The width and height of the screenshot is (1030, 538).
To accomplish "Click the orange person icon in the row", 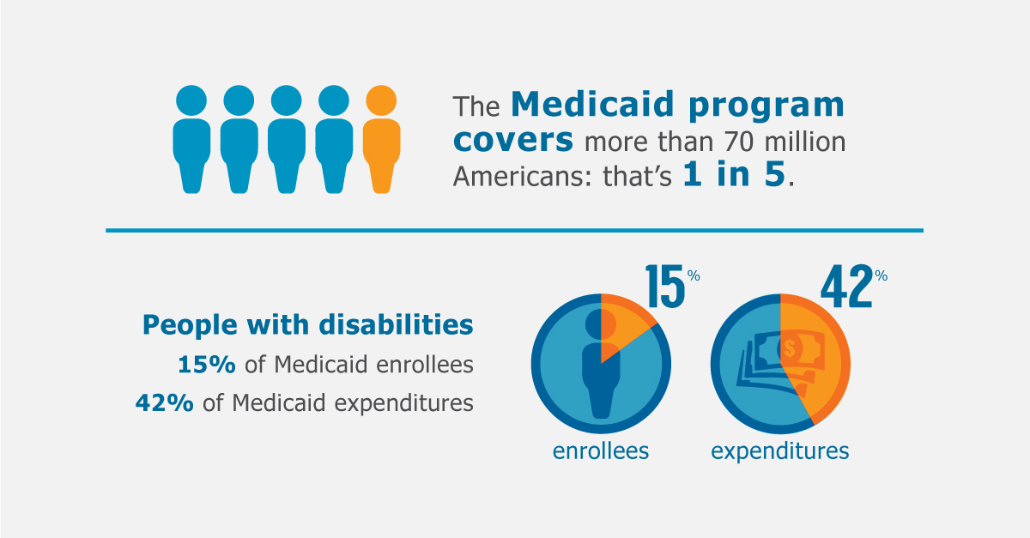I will (379, 139).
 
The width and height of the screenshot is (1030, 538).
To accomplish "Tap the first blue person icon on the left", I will (191, 139).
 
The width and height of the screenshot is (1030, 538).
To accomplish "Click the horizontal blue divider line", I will (514, 230).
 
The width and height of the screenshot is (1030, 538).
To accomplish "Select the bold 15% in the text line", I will (207, 365).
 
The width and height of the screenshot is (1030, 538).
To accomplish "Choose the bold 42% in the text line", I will (164, 402).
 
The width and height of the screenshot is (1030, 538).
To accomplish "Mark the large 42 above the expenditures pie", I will (845, 288).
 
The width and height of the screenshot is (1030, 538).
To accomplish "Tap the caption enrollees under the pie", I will (600, 450).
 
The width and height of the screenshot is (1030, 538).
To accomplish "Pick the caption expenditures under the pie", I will (779, 450).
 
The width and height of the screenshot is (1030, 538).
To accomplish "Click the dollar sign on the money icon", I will (787, 348).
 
